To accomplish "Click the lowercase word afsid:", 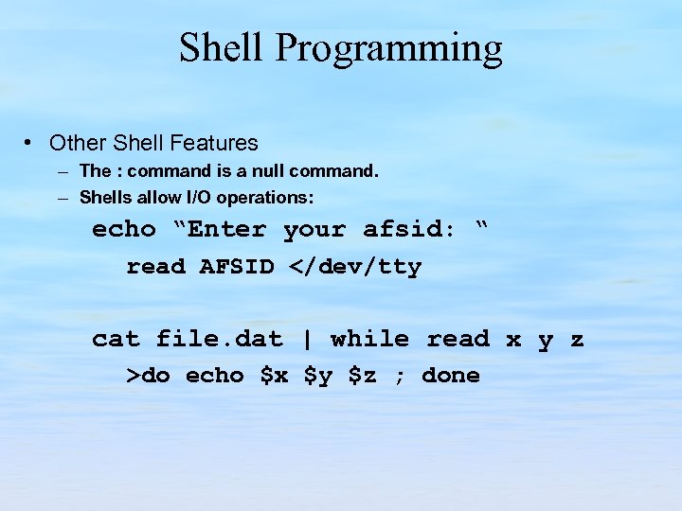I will pyautogui.click(x=408, y=230).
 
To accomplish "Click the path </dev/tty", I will pyautogui.click(x=355, y=267).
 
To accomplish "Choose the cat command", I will pyautogui.click(x=116, y=339).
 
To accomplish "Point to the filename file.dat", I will pyautogui.click(x=220, y=339).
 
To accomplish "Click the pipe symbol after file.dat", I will pyautogui.click(x=307, y=339).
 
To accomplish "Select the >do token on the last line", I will pyautogui.click(x=149, y=376).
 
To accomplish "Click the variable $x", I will pyautogui.click(x=274, y=376).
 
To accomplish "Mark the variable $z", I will pyautogui.click(x=363, y=376).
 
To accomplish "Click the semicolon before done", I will pyautogui.click(x=400, y=377).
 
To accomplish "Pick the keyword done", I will pyautogui.click(x=451, y=376).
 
